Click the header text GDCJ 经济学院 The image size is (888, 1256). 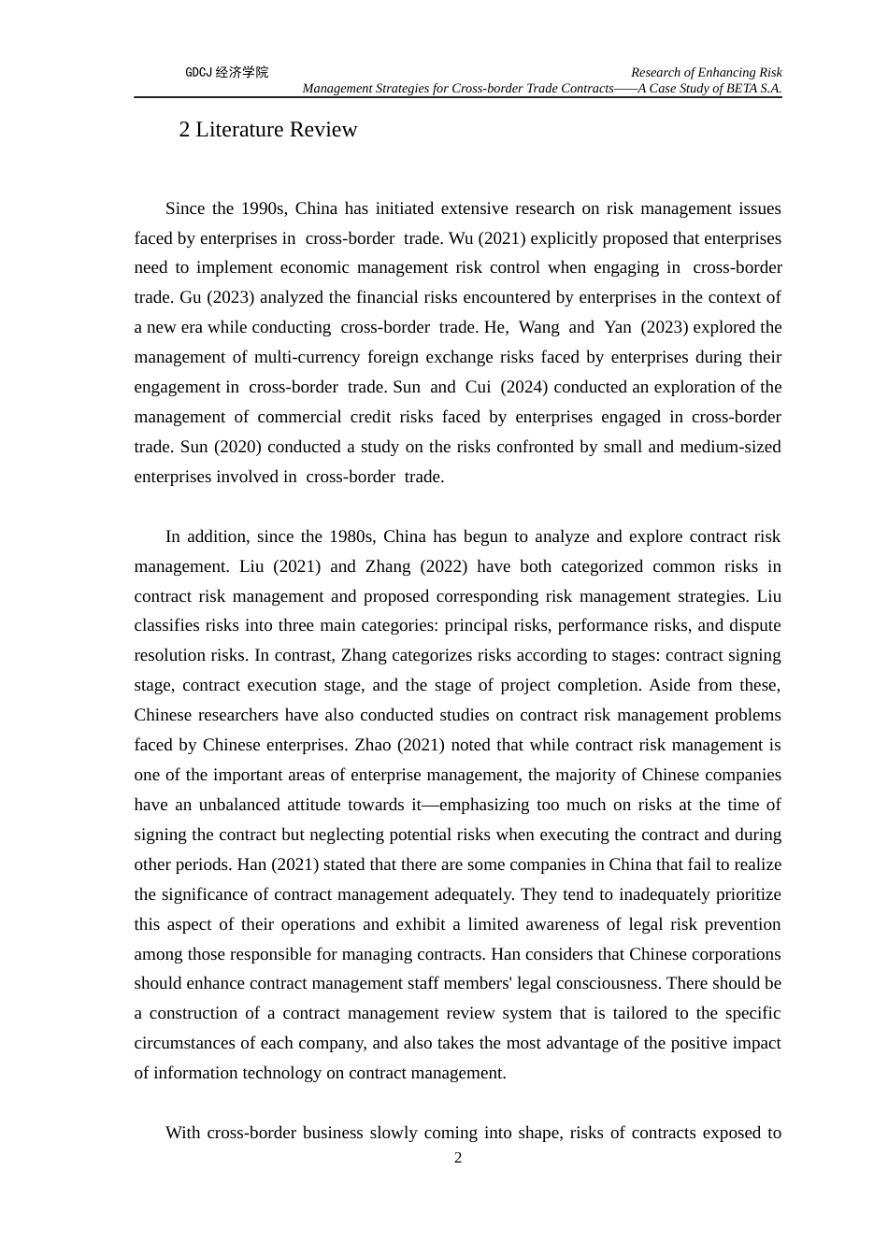coord(226,72)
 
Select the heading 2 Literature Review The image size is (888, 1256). coord(268,130)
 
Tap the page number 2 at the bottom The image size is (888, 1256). coord(458,1158)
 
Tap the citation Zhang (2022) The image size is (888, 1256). coord(416,566)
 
